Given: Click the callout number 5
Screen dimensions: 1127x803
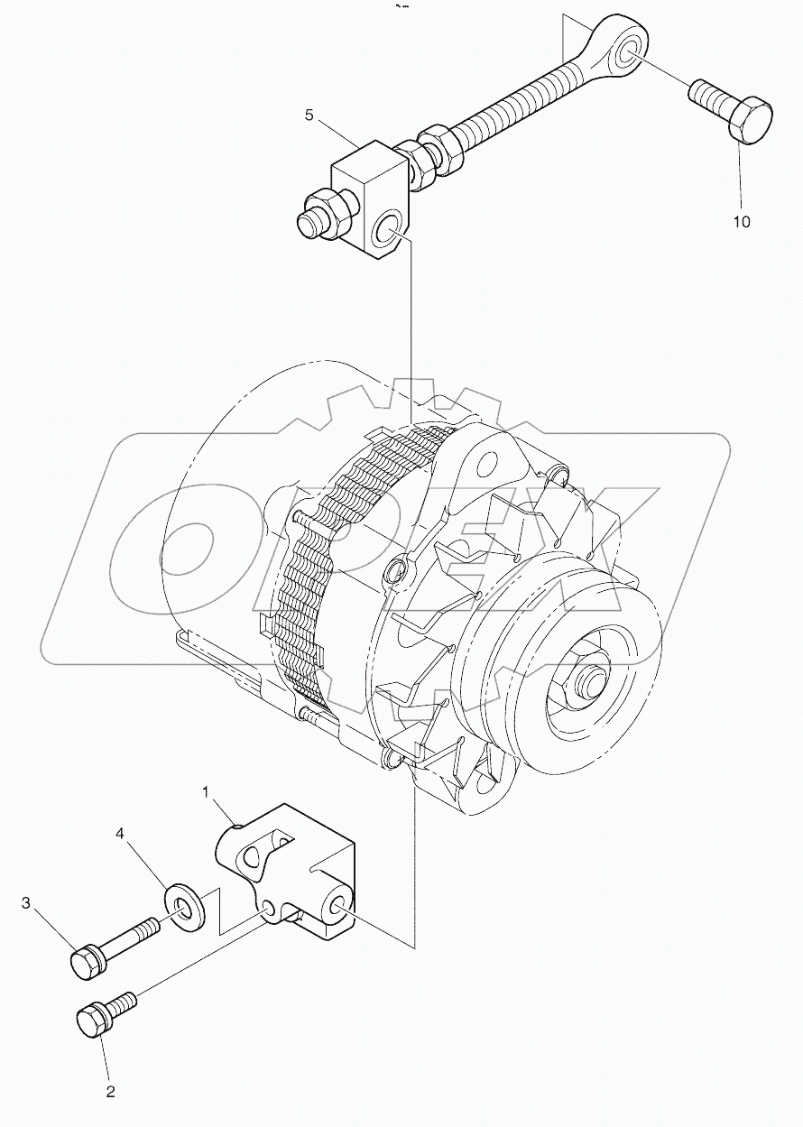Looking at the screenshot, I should pyautogui.click(x=309, y=115).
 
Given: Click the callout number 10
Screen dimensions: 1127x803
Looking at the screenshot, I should pyautogui.click(x=741, y=222).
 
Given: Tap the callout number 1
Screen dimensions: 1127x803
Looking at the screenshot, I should pyautogui.click(x=207, y=793).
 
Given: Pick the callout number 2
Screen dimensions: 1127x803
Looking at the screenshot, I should pyautogui.click(x=110, y=1092).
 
